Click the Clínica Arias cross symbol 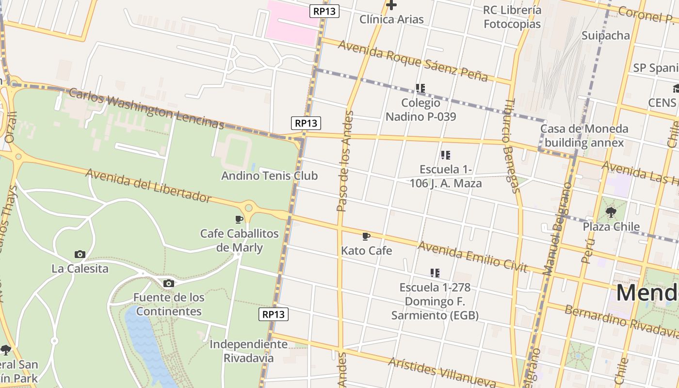[391, 5]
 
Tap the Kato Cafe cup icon [366, 236]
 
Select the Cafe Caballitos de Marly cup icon [239, 219]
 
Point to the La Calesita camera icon [80, 254]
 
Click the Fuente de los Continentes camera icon [169, 283]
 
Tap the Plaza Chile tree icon [611, 212]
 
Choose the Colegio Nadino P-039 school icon [420, 88]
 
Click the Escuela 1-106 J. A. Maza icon [446, 155]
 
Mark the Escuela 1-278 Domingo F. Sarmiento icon [435, 273]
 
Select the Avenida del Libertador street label [148, 185]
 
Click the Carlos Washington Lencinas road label [145, 109]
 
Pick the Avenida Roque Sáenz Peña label [412, 61]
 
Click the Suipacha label [605, 35]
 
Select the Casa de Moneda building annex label [584, 136]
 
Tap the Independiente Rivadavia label [248, 351]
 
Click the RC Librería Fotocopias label [512, 17]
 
